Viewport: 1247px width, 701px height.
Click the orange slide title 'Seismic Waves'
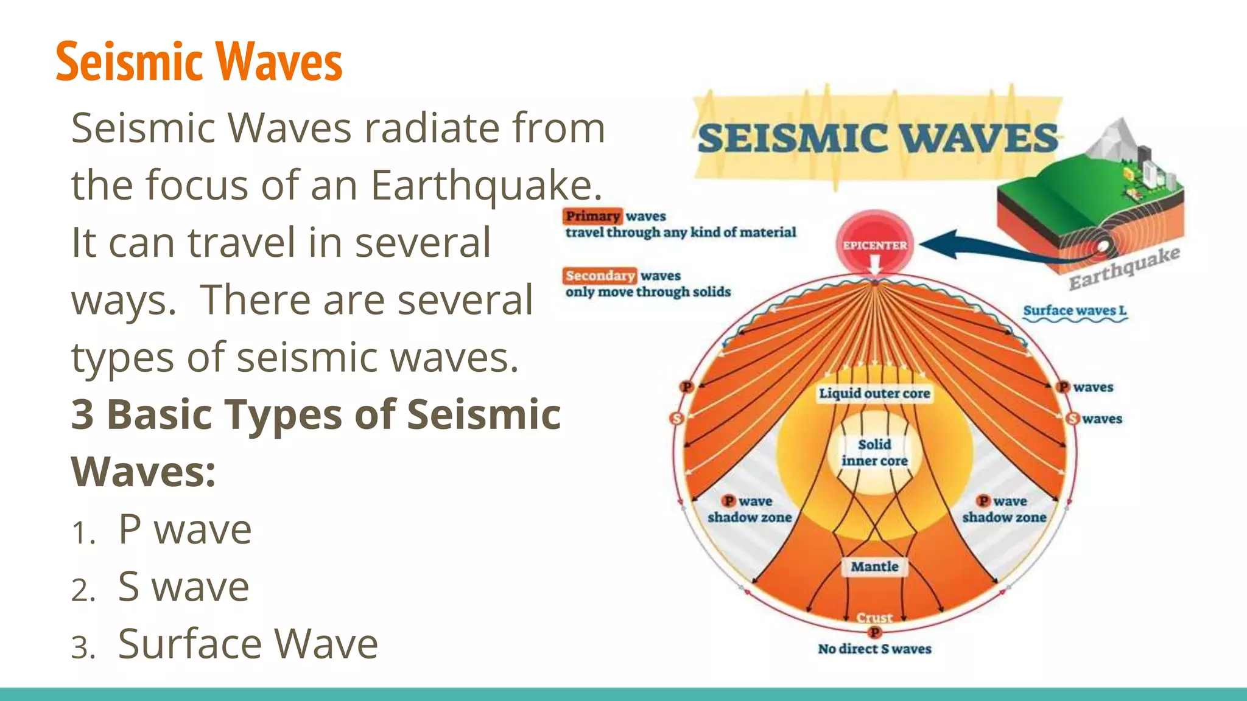(x=198, y=61)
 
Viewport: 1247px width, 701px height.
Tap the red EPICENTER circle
(x=874, y=245)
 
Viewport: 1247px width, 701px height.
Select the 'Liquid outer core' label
(x=874, y=393)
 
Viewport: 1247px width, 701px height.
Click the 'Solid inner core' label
(x=874, y=452)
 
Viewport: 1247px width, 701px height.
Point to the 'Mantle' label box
(x=874, y=567)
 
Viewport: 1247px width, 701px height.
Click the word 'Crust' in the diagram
(x=874, y=617)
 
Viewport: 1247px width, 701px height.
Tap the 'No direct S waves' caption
(x=874, y=649)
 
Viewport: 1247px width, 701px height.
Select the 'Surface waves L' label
(x=1075, y=310)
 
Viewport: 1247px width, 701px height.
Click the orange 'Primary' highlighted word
(x=592, y=216)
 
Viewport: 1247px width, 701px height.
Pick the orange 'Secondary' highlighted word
(x=600, y=276)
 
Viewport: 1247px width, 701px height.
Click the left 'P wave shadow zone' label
(x=750, y=509)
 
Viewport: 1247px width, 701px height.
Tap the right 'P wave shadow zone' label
(x=1004, y=509)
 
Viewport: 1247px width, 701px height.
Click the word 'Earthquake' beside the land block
(x=1124, y=268)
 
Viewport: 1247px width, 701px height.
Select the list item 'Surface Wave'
(x=247, y=643)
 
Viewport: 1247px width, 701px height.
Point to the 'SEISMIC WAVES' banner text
(x=877, y=138)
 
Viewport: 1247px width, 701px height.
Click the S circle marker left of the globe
(x=676, y=418)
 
